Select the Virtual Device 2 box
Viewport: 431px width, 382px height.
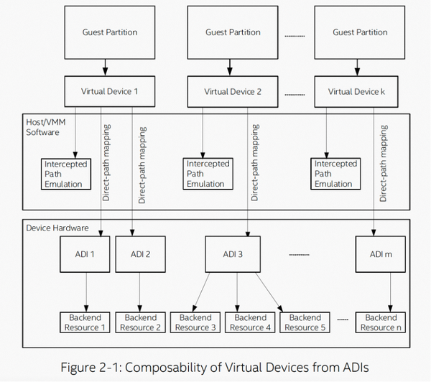[x=232, y=91]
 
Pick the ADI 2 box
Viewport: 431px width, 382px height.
[x=141, y=254]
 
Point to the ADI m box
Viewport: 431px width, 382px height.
[x=380, y=254]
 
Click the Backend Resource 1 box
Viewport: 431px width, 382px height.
[x=85, y=322]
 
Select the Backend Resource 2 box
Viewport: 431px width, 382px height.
[x=141, y=322]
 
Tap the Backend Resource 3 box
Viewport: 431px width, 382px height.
[x=195, y=322]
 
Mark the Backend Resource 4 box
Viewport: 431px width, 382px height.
[x=251, y=322]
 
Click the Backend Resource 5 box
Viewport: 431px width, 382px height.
[x=305, y=322]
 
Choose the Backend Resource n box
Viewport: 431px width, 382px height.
[x=380, y=322]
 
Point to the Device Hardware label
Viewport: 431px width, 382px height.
[x=57, y=228]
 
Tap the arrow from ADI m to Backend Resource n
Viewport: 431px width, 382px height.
[x=390, y=291]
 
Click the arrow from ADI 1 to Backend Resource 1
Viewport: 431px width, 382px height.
[x=87, y=291]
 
